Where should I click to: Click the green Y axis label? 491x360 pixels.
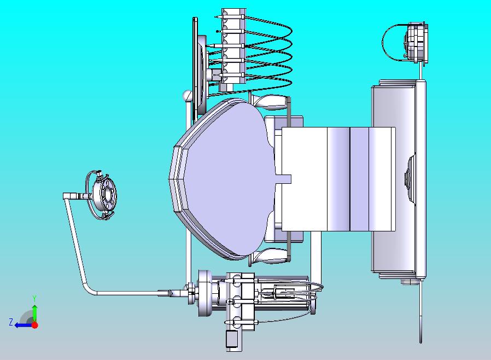[34, 298]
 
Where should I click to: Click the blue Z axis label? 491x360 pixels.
[11, 322]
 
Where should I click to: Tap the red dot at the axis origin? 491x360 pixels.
[35, 325]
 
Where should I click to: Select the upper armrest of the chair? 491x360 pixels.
[270, 102]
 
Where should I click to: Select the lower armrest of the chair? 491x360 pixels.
[270, 256]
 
